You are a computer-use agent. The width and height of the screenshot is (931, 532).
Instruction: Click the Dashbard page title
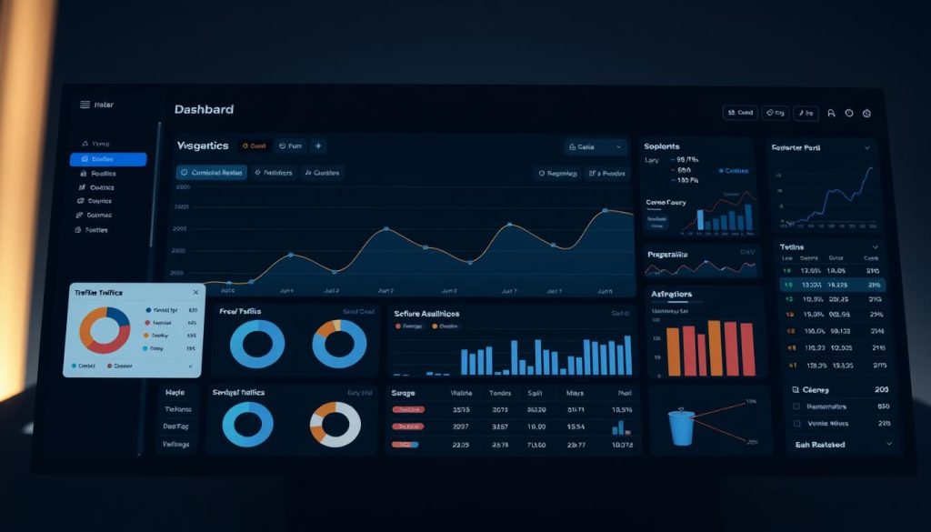[x=204, y=109]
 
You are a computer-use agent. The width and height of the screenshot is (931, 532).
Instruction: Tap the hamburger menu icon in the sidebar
[x=85, y=105]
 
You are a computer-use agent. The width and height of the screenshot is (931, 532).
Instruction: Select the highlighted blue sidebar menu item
[x=107, y=159]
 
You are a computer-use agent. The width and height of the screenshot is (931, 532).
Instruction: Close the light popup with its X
[x=195, y=293]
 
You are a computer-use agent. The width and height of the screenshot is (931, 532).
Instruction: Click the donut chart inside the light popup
[x=105, y=329]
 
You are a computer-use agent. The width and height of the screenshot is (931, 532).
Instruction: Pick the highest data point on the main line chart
[x=606, y=211]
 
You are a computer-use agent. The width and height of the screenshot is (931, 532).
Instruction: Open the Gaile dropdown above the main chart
[x=596, y=146]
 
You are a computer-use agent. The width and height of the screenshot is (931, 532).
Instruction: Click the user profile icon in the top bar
[x=831, y=114]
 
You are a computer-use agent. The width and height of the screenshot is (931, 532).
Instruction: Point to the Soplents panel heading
[x=662, y=146]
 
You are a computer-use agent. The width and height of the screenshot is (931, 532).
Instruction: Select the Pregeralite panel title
[x=668, y=255]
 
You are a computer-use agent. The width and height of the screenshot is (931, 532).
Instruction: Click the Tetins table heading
[x=792, y=246]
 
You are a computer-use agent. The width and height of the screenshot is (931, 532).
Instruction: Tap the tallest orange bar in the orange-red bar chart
[x=718, y=346]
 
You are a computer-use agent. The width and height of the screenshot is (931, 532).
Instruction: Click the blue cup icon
[x=681, y=427]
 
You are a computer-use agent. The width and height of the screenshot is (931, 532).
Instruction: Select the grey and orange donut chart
[x=335, y=425]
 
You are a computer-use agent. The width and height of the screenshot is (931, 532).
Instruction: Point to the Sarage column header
[x=403, y=394]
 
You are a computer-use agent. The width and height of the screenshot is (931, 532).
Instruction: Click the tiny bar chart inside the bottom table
[x=620, y=426]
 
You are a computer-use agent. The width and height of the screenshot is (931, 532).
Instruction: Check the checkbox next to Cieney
[x=797, y=389]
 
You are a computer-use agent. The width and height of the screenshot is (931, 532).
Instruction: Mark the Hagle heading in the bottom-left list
[x=175, y=393]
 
